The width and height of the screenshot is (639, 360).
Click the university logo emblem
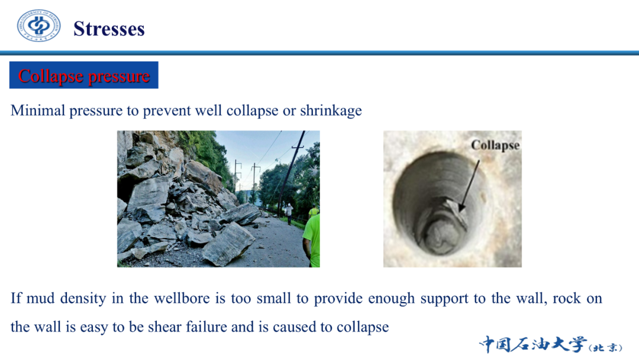38,26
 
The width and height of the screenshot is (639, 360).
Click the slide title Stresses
109,29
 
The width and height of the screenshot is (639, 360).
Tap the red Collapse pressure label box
84,75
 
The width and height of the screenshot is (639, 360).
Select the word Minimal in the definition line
38,111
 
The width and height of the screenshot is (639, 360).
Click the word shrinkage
331,111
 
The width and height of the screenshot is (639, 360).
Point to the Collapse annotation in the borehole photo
495,145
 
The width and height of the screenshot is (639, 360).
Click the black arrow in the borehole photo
469,186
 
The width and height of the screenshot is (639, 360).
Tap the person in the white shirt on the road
289,214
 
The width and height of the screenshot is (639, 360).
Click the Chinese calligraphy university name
551,345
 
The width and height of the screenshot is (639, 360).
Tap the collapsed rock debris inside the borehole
445,229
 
